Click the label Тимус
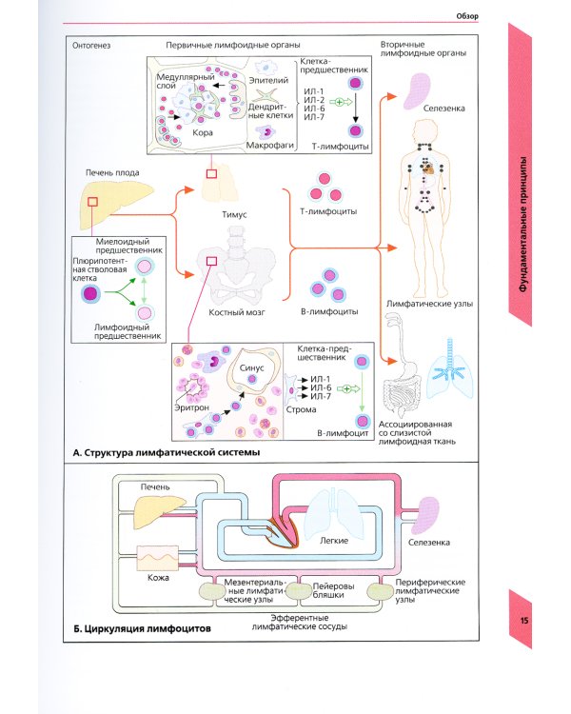(234, 214)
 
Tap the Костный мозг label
(236, 312)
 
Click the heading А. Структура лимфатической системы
(167, 452)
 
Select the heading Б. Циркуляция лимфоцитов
(142, 629)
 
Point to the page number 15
(524, 621)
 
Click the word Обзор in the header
(467, 16)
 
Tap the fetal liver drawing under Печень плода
(116, 204)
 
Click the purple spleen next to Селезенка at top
(417, 91)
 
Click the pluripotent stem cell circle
(90, 294)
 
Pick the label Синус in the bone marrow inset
(251, 367)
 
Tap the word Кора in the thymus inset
(203, 133)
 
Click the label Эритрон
(191, 407)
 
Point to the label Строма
(301, 409)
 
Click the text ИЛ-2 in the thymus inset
(314, 100)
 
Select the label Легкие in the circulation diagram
(334, 541)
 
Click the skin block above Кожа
(158, 558)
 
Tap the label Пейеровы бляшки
(333, 590)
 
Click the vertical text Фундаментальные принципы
(523, 225)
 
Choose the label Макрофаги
(270, 146)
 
